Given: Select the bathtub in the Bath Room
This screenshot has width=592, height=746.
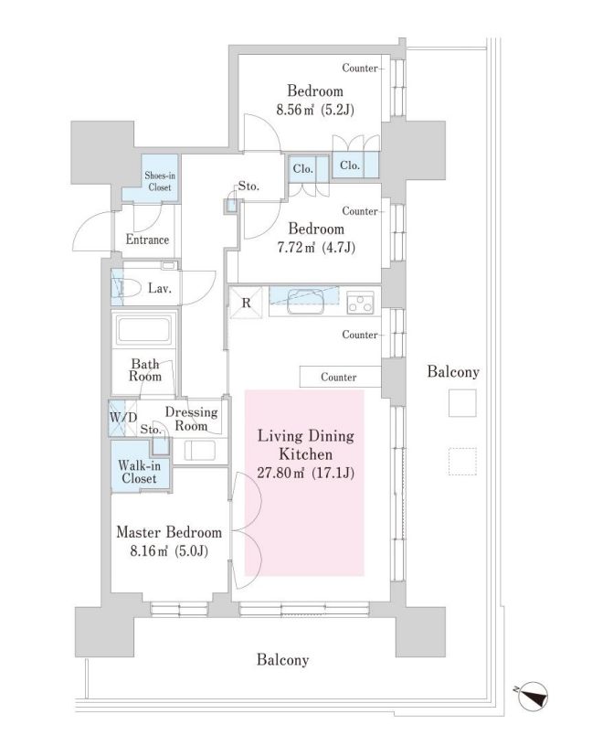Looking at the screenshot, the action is pos(144,329).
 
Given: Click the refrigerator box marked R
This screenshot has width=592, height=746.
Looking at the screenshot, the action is pos(246,303).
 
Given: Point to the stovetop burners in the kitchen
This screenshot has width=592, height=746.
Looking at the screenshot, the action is pos(361,304).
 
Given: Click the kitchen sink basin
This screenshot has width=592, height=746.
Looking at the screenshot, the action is pos(304,302).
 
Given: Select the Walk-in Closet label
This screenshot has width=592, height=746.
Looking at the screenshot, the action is pos(140,472).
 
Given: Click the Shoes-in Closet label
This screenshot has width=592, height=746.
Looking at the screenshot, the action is pos(160,181).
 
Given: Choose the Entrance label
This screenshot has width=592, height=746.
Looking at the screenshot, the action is pos(147,240).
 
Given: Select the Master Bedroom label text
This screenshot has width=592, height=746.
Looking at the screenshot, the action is pos(169,532).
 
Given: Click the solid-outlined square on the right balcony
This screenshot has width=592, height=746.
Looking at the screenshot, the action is pos(462,403).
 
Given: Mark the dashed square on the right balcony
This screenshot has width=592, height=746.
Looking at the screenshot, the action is pos(462,462).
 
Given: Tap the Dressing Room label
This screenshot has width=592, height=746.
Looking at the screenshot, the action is pos(191,419).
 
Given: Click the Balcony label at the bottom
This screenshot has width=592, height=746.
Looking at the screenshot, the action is pos(283,660).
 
